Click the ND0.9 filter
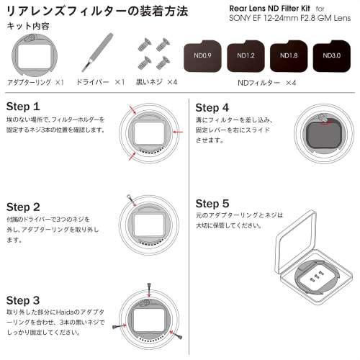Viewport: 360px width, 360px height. point(205,54)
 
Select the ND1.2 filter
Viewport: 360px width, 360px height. point(246,54)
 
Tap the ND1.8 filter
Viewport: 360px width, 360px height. point(289,54)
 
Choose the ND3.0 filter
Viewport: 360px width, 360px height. point(332,54)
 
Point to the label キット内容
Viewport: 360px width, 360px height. point(26,26)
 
